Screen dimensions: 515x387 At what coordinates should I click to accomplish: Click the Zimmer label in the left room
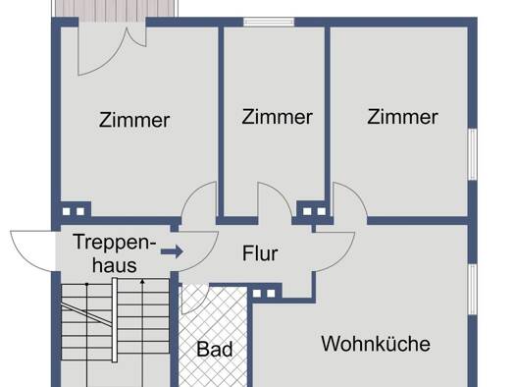[134, 120]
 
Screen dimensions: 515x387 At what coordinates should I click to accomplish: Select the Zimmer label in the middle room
[277, 117]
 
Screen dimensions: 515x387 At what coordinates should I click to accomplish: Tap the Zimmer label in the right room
[402, 117]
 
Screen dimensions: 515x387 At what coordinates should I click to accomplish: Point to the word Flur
[260, 253]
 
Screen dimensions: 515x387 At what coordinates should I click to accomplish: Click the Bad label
[215, 349]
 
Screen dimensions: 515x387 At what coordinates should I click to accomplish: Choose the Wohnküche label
[376, 344]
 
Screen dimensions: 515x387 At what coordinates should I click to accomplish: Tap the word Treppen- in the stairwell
[115, 242]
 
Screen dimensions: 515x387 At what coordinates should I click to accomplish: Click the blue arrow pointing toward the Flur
[172, 251]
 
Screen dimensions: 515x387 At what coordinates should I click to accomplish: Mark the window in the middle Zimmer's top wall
[269, 22]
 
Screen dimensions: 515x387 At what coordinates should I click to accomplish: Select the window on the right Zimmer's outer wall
[472, 154]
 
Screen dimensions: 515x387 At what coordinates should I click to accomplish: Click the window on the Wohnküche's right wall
[472, 290]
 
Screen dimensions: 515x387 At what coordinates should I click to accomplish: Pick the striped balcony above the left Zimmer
[115, 9]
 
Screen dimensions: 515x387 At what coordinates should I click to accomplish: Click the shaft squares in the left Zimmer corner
[74, 211]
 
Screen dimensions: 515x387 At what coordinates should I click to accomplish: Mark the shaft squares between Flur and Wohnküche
[264, 294]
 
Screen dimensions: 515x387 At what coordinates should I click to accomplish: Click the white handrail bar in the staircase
[115, 320]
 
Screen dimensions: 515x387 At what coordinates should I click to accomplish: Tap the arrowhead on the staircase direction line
[142, 282]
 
